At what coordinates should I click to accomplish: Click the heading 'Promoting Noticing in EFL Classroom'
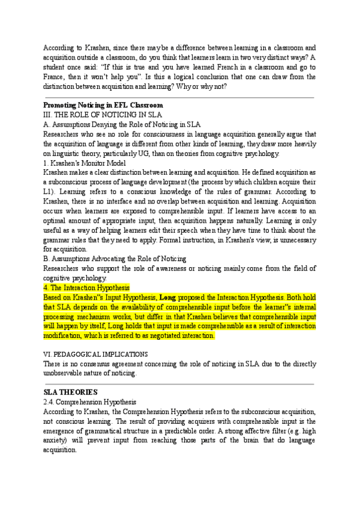103,105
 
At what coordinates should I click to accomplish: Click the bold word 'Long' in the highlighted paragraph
167,297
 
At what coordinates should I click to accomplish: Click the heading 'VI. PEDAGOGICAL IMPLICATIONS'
95,354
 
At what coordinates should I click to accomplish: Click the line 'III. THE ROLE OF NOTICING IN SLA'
95,113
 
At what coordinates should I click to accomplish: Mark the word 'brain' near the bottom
212,440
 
